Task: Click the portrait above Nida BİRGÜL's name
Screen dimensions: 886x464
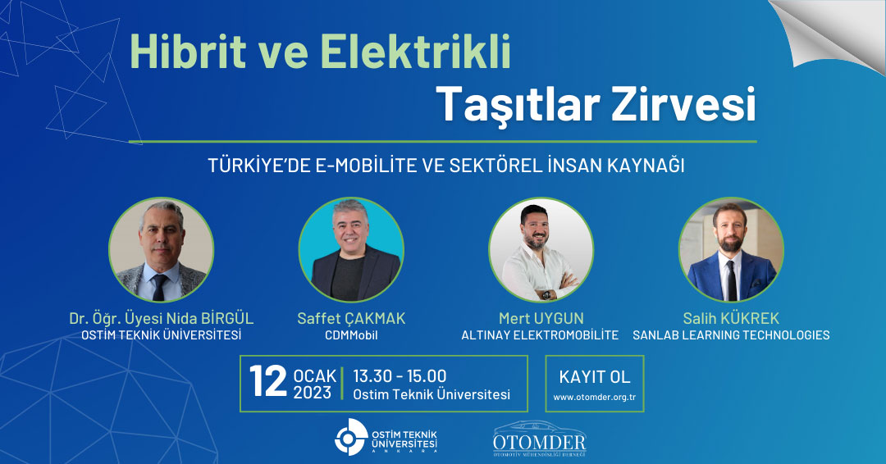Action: pos(162,249)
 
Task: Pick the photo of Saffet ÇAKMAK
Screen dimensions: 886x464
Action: pos(351,249)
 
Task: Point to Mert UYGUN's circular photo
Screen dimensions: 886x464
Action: pos(541,249)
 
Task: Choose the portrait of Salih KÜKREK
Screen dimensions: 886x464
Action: pos(731,249)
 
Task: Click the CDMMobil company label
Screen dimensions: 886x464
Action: pos(351,335)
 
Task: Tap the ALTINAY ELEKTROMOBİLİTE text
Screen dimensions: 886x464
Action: pos(540,335)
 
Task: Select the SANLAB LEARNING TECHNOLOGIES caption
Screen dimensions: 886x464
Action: pos(731,335)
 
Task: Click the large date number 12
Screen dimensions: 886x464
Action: pos(268,382)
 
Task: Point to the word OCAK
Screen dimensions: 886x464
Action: pos(315,376)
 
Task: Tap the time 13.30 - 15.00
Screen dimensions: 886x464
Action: pos(400,376)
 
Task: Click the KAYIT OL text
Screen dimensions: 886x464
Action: pos(595,377)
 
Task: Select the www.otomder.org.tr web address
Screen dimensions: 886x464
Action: pos(595,398)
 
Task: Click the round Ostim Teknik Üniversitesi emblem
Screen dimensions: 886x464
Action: pos(351,437)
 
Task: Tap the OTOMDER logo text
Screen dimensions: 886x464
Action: pos(540,441)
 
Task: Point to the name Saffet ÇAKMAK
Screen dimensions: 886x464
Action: pos(351,318)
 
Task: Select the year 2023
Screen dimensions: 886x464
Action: pos(313,393)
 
